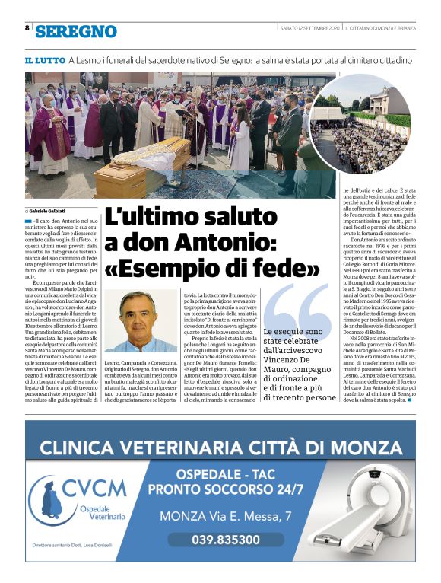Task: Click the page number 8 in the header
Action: [27, 28]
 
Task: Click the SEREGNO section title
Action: [76, 31]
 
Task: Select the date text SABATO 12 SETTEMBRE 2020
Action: [308, 28]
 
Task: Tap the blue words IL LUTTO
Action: [43, 60]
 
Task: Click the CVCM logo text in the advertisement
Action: [94, 486]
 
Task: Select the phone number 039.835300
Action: [225, 539]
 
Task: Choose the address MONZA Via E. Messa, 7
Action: [226, 517]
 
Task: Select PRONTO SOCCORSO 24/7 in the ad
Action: [226, 489]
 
